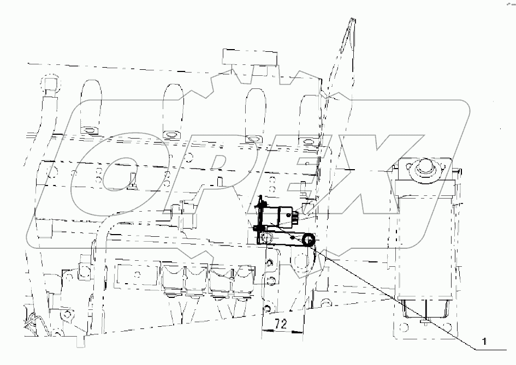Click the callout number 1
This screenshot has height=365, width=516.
click(483, 343)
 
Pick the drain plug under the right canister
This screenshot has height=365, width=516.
click(425, 322)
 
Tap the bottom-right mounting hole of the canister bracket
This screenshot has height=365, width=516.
click(448, 329)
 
